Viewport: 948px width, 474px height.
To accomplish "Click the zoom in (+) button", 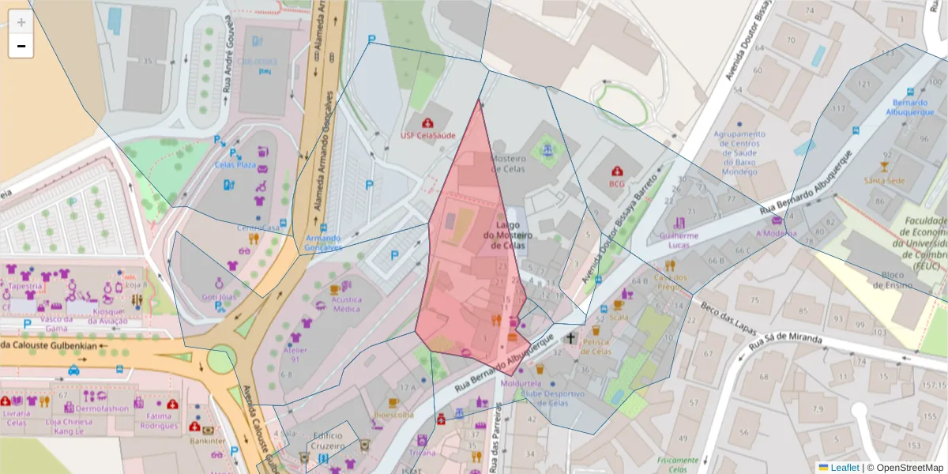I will [21, 22].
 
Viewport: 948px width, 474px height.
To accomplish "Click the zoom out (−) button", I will [21, 46].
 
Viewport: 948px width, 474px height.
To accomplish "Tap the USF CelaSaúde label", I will [428, 135].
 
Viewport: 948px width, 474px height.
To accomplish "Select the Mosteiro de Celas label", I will [508, 164].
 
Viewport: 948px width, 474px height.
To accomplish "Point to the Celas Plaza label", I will [235, 164].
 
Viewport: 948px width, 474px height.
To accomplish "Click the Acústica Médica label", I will [346, 304].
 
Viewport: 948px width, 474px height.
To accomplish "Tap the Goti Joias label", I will [219, 297].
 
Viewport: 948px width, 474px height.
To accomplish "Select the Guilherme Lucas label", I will [679, 240].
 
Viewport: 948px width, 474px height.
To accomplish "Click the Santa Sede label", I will [885, 180].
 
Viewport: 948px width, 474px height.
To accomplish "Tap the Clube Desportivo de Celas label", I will [552, 398].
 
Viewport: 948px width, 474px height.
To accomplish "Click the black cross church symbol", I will [571, 338].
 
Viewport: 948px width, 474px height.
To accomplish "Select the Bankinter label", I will [208, 441].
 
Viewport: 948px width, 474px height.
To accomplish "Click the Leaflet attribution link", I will [844, 468].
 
